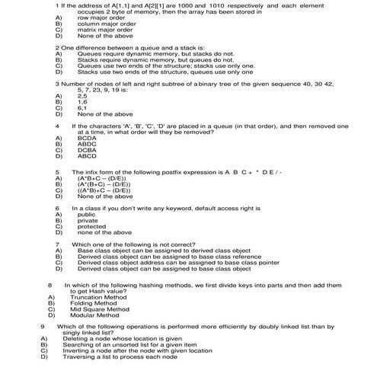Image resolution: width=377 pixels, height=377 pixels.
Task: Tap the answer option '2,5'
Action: point(82,96)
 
